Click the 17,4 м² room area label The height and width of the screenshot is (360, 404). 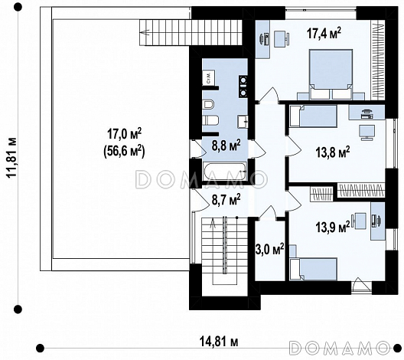point(324,34)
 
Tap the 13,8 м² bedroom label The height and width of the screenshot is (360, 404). point(332,152)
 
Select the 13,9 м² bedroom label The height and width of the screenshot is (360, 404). point(332,227)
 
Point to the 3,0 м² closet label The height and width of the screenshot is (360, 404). point(270,250)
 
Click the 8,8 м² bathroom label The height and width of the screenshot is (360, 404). point(226,146)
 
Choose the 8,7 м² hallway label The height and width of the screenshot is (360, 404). point(226,200)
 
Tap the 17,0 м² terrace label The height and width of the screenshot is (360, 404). point(124,134)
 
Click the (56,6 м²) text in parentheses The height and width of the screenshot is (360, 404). point(124,151)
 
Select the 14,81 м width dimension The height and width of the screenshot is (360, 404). point(219,342)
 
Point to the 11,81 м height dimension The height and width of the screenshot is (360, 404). point(11,157)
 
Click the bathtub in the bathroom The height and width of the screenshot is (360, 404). point(226,172)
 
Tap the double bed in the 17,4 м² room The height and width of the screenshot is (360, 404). point(331,74)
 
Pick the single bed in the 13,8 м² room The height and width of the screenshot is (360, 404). point(313,116)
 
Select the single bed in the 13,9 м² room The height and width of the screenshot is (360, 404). point(313,269)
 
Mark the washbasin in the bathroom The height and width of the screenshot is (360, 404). point(243,121)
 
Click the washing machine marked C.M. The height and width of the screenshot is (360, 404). point(209,77)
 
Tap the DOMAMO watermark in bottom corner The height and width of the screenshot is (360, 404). point(339,347)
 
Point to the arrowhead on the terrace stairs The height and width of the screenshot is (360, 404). point(145,32)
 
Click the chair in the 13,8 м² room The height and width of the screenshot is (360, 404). point(367,133)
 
